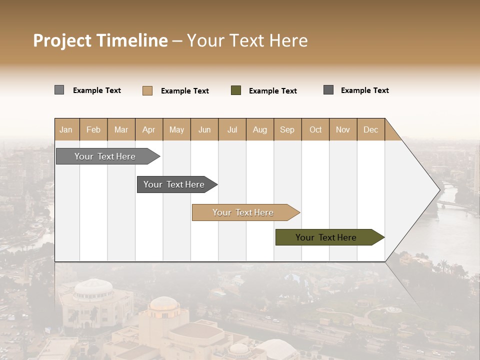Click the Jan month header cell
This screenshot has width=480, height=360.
point(66,129)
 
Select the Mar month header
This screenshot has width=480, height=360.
point(121,129)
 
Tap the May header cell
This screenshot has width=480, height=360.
point(176,129)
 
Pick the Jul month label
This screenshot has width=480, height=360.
point(232,129)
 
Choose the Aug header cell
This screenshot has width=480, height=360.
point(260,129)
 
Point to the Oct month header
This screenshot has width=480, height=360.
point(315,129)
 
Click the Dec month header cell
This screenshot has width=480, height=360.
point(370,129)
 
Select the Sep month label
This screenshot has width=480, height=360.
point(287,129)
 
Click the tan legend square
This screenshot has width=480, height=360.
point(147,90)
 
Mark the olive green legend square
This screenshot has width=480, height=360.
point(236,90)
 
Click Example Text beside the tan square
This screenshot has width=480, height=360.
point(184,91)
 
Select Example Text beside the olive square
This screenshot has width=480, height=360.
point(272,91)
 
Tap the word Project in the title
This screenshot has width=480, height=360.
point(62,40)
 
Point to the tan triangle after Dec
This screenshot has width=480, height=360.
point(391,132)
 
